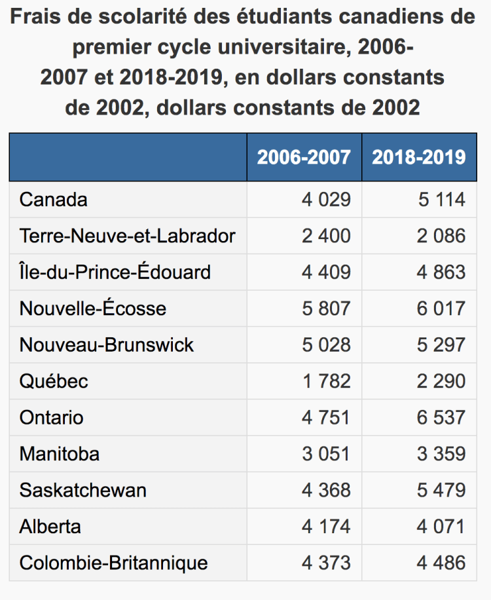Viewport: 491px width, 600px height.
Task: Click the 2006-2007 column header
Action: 304,157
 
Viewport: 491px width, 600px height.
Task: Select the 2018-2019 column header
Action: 419,157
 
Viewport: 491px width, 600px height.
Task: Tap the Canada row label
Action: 54,200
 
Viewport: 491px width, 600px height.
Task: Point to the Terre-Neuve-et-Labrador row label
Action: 128,236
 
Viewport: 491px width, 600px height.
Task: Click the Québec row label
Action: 54,381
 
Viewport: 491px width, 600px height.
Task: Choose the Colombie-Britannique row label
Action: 114,563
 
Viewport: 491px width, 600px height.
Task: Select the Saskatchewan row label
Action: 83,490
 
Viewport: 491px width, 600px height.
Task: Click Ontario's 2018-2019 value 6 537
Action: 441,417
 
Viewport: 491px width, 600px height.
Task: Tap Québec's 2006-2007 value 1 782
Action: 326,381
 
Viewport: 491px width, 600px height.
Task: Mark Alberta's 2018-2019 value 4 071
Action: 441,527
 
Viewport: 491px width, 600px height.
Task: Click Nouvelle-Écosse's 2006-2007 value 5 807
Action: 326,309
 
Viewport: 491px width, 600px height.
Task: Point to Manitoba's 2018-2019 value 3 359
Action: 441,454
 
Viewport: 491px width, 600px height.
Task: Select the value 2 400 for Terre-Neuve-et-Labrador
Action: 326,236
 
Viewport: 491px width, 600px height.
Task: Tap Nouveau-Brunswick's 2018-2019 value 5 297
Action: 441,345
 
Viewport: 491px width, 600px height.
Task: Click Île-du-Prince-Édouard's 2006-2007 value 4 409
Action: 326,272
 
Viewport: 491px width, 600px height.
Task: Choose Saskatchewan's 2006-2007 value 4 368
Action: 326,490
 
